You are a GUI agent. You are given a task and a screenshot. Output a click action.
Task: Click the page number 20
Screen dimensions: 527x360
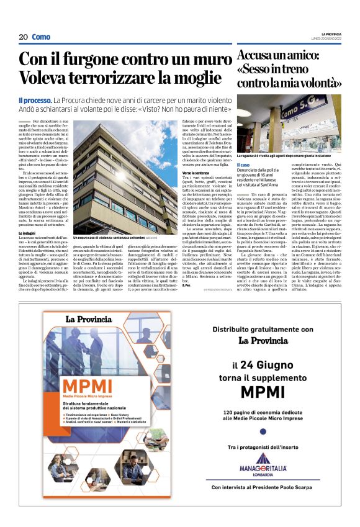(23, 37)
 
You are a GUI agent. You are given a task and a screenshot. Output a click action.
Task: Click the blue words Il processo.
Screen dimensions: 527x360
(35, 101)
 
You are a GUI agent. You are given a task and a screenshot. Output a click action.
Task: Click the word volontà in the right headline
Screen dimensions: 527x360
(318, 83)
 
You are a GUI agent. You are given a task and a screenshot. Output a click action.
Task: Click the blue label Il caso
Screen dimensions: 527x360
(245, 164)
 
